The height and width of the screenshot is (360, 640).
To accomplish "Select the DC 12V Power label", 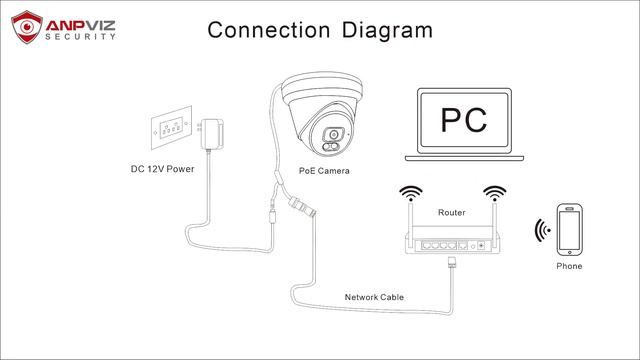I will click(161, 170).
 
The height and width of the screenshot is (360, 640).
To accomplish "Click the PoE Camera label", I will click(324, 171).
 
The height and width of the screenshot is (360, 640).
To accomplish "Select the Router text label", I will click(451, 213).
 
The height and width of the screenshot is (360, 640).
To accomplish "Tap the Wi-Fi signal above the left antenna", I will click(408, 191).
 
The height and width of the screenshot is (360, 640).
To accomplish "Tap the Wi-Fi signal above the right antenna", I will click(491, 191).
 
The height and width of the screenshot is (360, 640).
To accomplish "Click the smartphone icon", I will click(569, 231).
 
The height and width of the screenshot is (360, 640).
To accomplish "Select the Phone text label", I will click(569, 267).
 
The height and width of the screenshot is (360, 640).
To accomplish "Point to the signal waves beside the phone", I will click(542, 232).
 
